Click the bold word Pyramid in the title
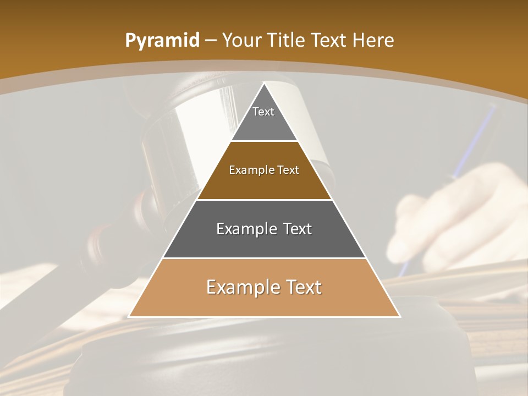click(162, 41)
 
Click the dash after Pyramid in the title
click(211, 41)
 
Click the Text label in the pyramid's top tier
click(263, 112)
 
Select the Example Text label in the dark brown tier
click(264, 170)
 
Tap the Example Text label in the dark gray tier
click(264, 229)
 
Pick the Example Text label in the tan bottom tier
click(264, 287)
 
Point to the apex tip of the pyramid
click(265, 84)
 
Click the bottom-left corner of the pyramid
click(129, 316)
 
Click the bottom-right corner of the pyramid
click(399, 316)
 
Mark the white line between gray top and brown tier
click(264, 141)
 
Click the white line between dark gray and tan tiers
click(264, 258)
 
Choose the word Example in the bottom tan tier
click(240, 287)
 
